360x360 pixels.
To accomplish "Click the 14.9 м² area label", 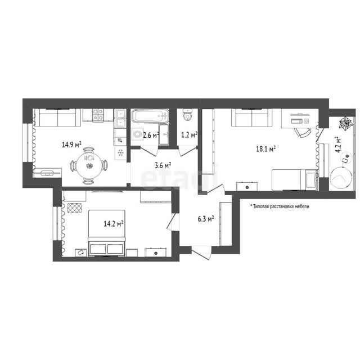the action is tap(71, 145).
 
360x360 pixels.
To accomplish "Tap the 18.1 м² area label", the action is tap(266, 148).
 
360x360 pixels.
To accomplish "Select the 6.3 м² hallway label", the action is tap(206, 219).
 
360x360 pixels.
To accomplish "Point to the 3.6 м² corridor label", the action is tap(163, 165).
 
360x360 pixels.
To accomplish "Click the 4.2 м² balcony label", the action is tap(337, 145).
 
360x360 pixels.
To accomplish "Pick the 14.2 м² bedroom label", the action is tap(114, 223).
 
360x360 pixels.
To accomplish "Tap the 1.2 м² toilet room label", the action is tap(190, 135).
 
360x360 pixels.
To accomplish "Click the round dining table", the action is tap(89, 165).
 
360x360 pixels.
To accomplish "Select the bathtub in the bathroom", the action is tap(150, 116).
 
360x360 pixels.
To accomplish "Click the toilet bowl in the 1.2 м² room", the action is tap(187, 115).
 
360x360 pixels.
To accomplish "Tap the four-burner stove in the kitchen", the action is tap(98, 115).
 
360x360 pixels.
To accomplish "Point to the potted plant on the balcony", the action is tap(346, 124).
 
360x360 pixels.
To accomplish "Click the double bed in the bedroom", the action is tap(107, 232).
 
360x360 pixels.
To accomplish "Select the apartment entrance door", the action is tap(201, 253).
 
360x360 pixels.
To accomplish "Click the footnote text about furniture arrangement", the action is tap(280, 206).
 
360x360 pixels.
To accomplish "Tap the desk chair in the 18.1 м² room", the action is tap(303, 133).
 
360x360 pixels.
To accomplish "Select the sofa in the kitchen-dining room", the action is tap(57, 118).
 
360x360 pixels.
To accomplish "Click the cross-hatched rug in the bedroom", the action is tap(75, 208).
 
